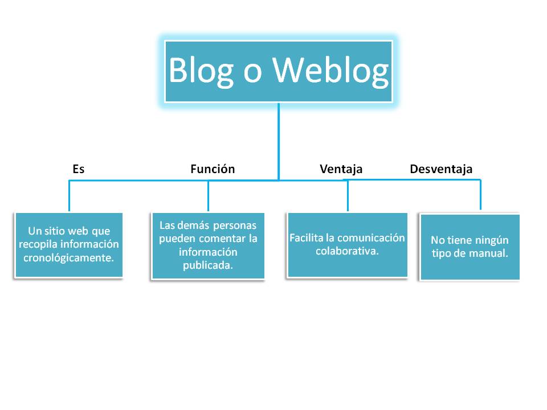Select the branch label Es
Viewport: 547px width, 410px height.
pyautogui.click(x=79, y=169)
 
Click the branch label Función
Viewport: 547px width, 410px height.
pyautogui.click(x=213, y=169)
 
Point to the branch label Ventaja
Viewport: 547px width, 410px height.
pyautogui.click(x=341, y=169)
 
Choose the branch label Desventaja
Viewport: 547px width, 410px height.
pyautogui.click(x=441, y=169)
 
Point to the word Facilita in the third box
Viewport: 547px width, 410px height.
pyautogui.click(x=305, y=238)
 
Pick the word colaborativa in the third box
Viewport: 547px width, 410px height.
pyautogui.click(x=347, y=251)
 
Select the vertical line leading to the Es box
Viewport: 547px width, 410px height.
pyautogui.click(x=70, y=196)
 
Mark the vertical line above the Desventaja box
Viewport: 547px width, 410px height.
pyautogui.click(x=480, y=195)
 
